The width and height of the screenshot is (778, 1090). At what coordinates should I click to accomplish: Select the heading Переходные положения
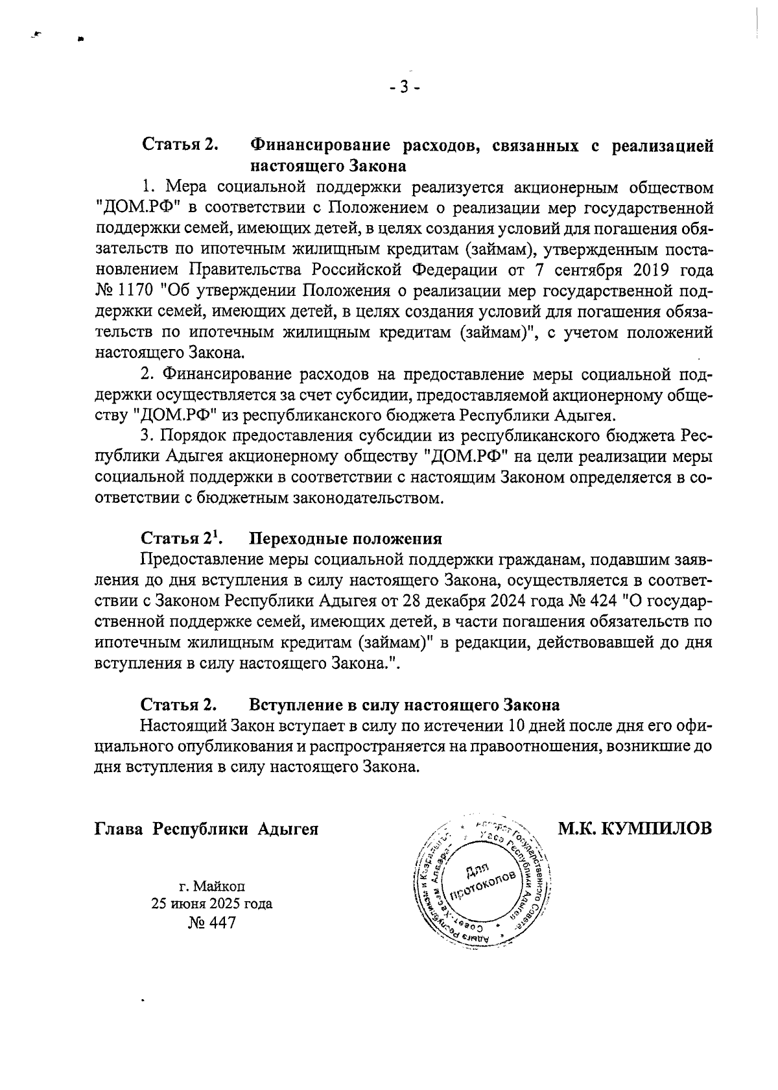(x=346, y=539)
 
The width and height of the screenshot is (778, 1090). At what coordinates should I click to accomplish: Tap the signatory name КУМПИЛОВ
(x=656, y=829)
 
